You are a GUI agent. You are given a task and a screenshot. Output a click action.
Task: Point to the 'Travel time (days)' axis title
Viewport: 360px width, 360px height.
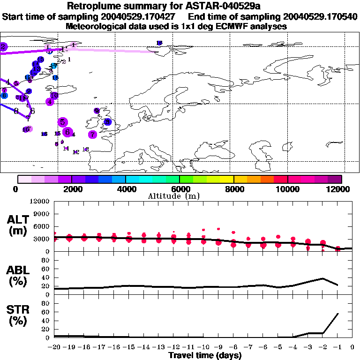205,356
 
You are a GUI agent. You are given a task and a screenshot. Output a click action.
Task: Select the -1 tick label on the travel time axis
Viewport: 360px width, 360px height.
337,347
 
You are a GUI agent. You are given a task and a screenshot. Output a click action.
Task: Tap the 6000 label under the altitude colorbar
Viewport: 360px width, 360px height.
180,189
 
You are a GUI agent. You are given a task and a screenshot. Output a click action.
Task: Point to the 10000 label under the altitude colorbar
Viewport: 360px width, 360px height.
287,189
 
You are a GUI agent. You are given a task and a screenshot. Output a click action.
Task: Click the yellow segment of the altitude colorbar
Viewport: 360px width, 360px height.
227,179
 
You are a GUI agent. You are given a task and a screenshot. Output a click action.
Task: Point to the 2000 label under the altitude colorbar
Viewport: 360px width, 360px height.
72,189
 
